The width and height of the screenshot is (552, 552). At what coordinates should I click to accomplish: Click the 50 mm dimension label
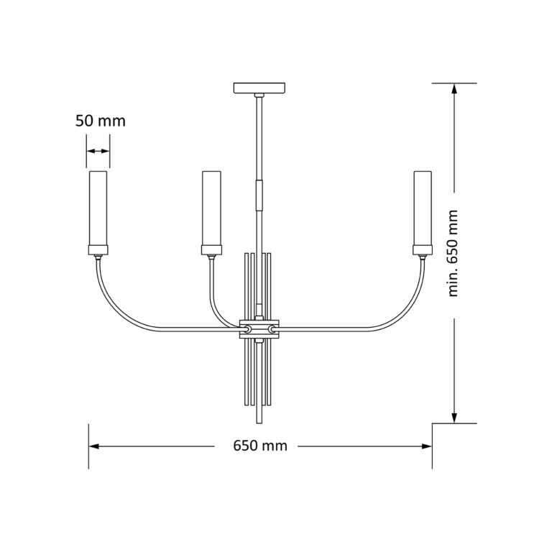[101, 121]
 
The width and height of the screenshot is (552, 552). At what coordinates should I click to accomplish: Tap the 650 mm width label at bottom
[260, 446]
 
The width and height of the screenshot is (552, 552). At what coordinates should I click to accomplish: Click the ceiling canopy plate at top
[259, 89]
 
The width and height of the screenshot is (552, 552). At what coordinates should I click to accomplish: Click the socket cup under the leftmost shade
[98, 250]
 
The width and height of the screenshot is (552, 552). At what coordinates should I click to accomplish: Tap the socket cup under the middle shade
[211, 250]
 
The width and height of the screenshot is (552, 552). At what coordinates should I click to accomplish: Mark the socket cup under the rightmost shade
[422, 250]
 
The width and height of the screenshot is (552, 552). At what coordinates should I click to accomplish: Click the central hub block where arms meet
[259, 328]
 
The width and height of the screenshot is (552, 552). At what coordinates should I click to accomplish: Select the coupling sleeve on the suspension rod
[259, 195]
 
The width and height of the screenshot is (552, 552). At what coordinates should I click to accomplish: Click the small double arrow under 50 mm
[98, 151]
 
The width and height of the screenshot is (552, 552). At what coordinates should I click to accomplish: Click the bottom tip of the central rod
[259, 423]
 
